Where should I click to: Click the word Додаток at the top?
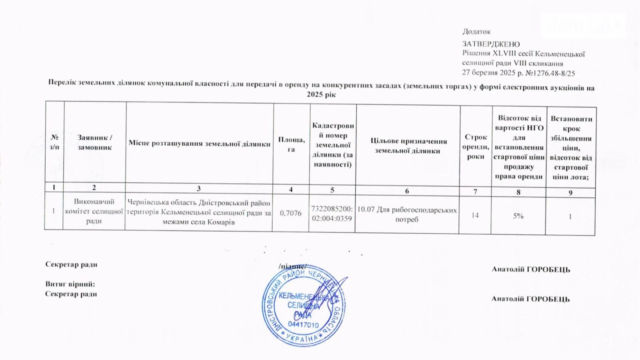476,32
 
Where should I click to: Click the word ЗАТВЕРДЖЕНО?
491,44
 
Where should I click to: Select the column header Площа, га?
291,144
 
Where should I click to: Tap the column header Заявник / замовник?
94,142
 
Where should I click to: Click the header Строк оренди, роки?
476,147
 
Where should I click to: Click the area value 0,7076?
291,213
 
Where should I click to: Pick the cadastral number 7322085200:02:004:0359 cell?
332,214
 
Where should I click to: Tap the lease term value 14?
475,215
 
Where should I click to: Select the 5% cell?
518,216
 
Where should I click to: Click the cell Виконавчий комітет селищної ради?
94,211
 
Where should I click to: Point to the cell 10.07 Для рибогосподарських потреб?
407,215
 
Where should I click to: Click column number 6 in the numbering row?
407,191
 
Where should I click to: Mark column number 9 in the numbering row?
570,193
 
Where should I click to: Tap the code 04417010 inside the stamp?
303,325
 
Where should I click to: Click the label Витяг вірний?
70,284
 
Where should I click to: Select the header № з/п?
54,142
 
